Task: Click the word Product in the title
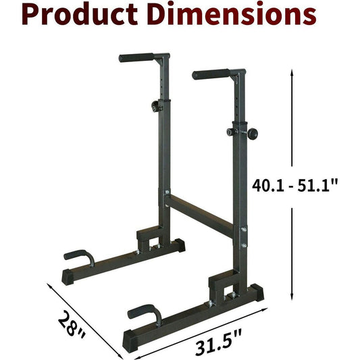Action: click(x=80, y=14)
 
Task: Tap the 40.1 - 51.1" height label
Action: click(x=294, y=186)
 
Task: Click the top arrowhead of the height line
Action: click(x=292, y=72)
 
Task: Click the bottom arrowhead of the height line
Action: click(x=292, y=297)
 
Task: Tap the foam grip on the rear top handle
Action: click(x=136, y=57)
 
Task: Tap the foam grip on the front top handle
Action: click(x=211, y=74)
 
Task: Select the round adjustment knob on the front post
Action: click(x=252, y=134)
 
